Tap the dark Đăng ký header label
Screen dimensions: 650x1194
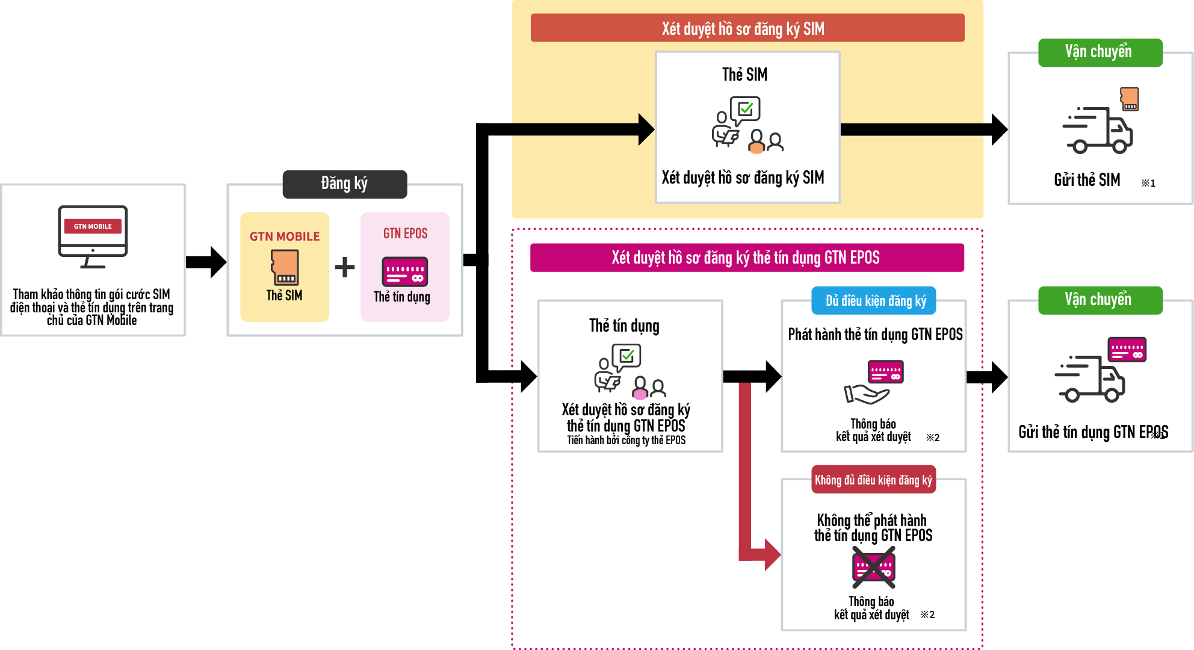[344, 184]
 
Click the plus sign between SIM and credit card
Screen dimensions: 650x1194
[345, 267]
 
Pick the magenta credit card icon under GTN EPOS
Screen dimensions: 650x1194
[404, 271]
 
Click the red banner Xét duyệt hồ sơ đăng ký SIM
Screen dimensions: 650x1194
[747, 28]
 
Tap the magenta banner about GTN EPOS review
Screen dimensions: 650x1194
[746, 258]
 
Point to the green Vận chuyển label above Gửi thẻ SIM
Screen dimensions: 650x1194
[1100, 52]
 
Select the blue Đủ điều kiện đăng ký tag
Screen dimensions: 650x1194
[873, 300]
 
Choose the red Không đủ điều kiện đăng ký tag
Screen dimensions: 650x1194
[873, 480]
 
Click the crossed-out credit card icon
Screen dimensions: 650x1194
[873, 567]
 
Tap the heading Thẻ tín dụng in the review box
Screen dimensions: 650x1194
[624, 326]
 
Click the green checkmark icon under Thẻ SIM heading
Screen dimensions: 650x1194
[746, 109]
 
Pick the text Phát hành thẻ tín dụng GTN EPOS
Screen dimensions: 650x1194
[875, 335]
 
